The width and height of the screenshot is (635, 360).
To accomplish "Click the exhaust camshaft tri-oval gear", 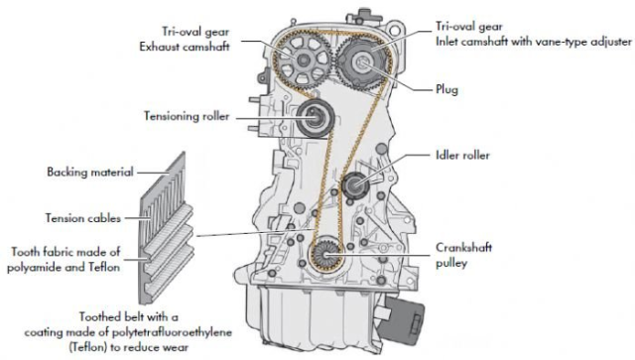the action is [304, 60].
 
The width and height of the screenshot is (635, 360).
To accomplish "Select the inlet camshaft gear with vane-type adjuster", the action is [361, 61].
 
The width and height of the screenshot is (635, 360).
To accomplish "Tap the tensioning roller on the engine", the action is [315, 118].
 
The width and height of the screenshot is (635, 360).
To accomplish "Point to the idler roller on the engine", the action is [355, 185].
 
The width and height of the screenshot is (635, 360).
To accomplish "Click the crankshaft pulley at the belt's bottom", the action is [326, 254].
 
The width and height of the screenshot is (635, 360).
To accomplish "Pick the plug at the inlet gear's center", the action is [361, 61].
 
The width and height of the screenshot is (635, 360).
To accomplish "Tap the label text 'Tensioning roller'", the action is [187, 116].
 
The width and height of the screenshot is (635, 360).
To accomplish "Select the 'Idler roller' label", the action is [462, 155].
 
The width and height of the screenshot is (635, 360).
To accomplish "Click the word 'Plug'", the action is [446, 89].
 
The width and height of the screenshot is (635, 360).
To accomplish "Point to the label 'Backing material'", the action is [90, 172].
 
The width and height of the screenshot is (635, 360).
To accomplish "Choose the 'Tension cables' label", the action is [83, 218].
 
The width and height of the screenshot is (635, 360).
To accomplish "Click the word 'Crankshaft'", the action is [463, 247].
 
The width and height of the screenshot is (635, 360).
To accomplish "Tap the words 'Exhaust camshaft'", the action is [185, 47].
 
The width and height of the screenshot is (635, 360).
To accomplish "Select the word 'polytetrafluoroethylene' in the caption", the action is [172, 332].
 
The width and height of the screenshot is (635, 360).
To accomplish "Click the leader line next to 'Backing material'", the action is [153, 173].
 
